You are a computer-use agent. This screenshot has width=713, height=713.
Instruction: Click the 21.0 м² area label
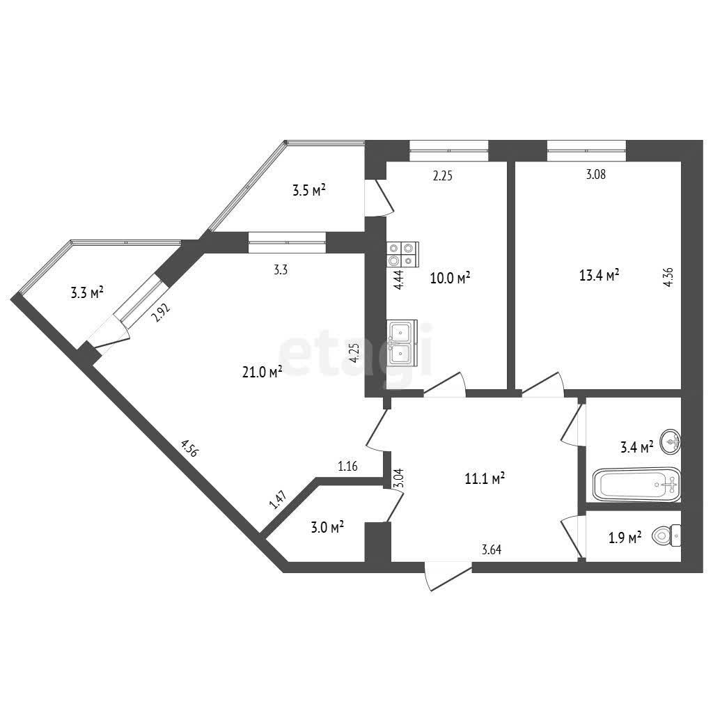(x=262, y=373)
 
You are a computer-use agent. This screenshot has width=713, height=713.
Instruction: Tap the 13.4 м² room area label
(x=600, y=276)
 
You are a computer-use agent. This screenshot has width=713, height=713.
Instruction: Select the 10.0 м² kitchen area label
(x=450, y=279)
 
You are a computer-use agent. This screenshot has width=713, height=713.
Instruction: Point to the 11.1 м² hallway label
(x=485, y=478)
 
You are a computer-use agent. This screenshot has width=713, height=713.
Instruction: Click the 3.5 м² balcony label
(x=309, y=190)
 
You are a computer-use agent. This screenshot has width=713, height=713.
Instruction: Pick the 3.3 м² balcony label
(x=87, y=293)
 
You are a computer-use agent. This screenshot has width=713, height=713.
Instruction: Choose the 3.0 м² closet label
(x=327, y=528)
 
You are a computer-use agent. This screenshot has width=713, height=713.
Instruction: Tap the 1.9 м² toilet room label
(x=625, y=538)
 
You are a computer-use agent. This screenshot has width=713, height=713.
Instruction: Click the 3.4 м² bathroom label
(x=636, y=446)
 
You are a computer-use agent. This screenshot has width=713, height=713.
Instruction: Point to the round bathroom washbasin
(x=672, y=440)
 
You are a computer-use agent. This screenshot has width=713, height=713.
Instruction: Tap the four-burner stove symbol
(x=403, y=253)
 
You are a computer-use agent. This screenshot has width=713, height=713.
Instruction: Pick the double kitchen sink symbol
(x=402, y=343)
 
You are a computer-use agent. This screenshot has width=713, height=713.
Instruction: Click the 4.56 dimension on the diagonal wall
(x=189, y=447)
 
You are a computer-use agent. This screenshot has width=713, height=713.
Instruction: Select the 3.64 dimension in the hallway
(x=492, y=550)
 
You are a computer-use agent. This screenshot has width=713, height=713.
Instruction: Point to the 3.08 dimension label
(x=595, y=175)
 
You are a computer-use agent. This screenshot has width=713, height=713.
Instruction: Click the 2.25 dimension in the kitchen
(x=443, y=176)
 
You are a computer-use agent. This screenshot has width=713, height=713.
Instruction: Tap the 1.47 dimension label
(x=277, y=501)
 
